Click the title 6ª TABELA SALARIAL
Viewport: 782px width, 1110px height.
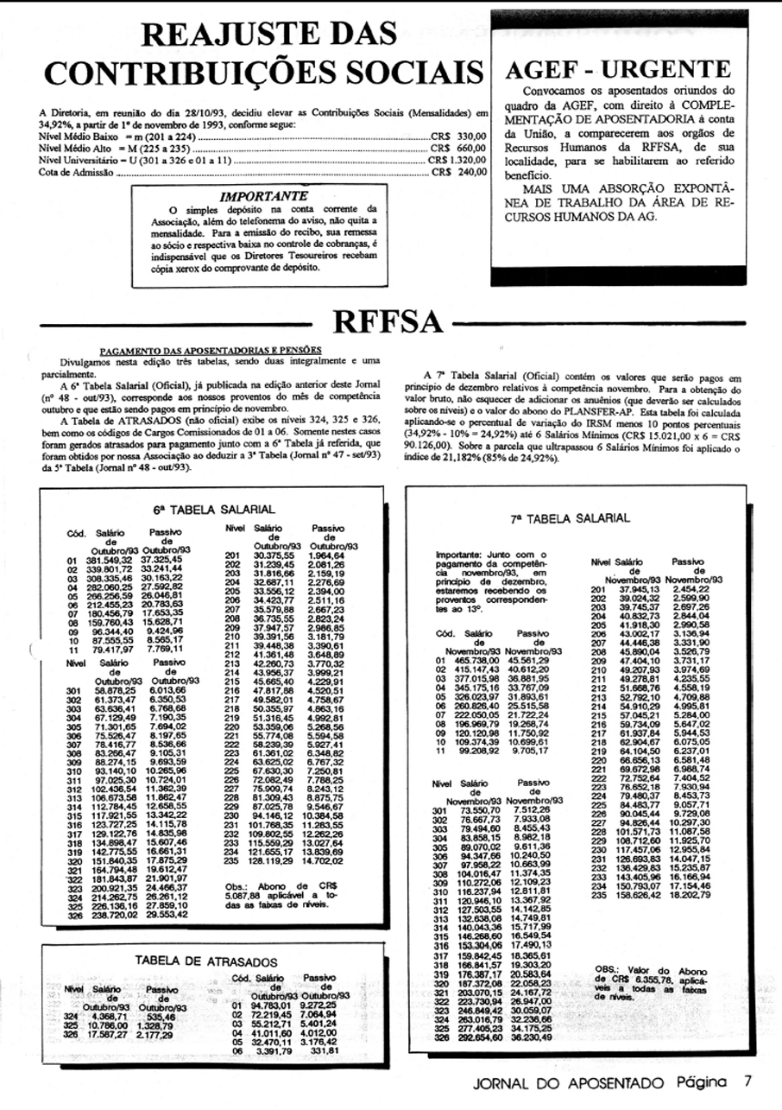tap(214, 510)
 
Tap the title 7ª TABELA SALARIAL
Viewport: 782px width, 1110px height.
tap(571, 517)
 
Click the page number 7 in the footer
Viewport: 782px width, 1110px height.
tap(750, 1081)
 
